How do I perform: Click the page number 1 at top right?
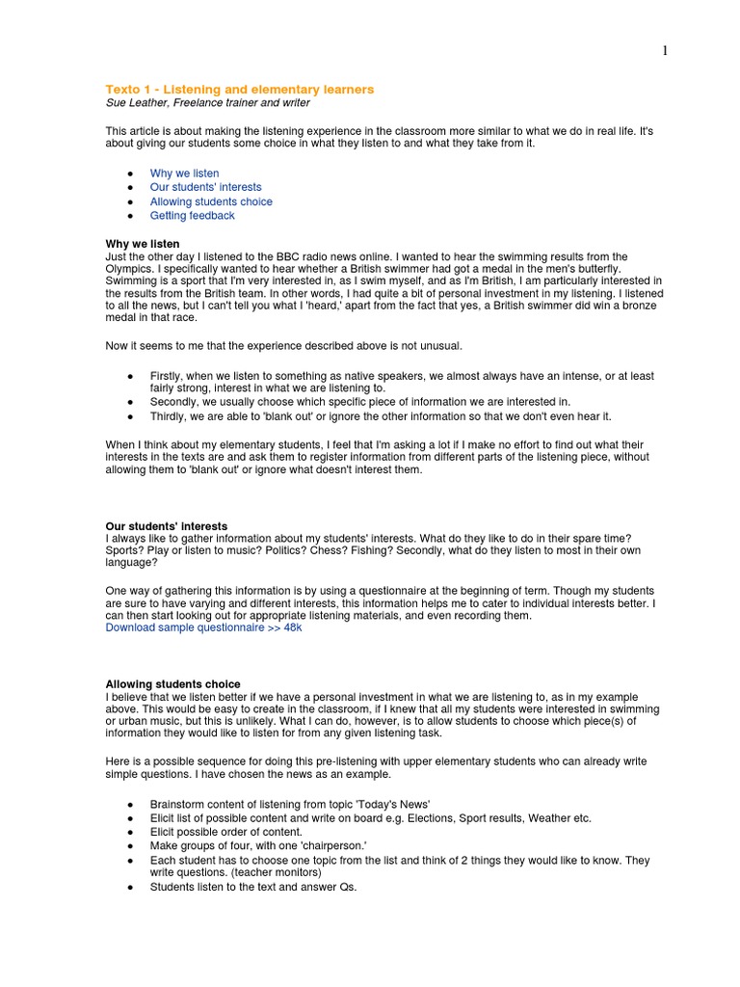tap(665, 51)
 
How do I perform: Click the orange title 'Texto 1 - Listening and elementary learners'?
tap(239, 89)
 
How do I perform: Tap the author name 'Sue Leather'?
tap(135, 102)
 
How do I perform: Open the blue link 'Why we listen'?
tap(184, 173)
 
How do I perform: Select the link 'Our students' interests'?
tap(205, 187)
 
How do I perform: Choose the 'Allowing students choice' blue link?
tap(211, 201)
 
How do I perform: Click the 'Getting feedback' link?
tap(192, 215)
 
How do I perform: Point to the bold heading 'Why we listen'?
tap(142, 244)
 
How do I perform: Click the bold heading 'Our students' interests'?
tap(166, 526)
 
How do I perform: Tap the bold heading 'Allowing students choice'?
tap(172, 684)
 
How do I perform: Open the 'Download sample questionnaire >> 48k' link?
tap(203, 627)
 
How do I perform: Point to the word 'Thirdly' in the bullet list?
tap(169, 416)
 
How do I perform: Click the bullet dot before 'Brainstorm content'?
tap(130, 804)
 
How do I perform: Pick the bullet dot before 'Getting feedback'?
tap(130, 216)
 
